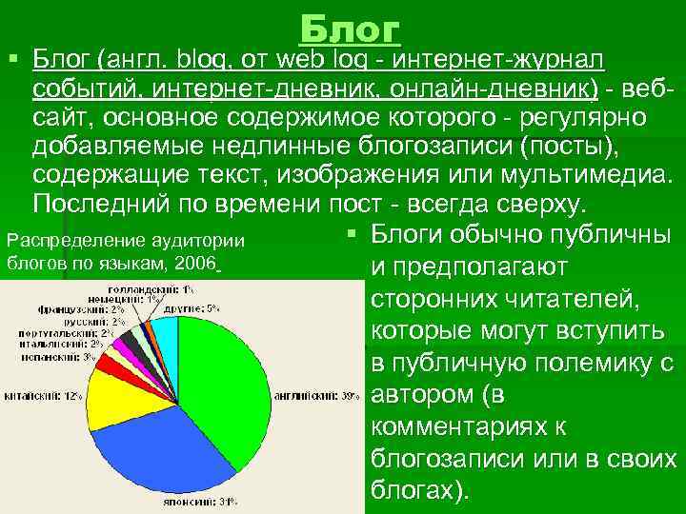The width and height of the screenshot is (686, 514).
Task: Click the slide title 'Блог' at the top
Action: point(351,30)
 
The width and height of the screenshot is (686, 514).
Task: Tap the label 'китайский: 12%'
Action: point(44,395)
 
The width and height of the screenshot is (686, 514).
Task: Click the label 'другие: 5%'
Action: point(199,308)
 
